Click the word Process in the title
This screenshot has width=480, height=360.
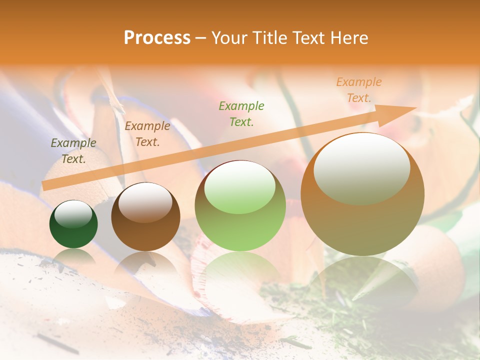[157, 37]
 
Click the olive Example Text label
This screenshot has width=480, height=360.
[73, 150]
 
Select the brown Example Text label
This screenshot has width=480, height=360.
[147, 133]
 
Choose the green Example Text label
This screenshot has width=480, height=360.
[241, 113]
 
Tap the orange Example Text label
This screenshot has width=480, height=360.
[358, 89]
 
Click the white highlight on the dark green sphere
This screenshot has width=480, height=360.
[73, 214]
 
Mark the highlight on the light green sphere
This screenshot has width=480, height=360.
[240, 187]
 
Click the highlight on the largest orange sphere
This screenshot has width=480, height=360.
[361, 167]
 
